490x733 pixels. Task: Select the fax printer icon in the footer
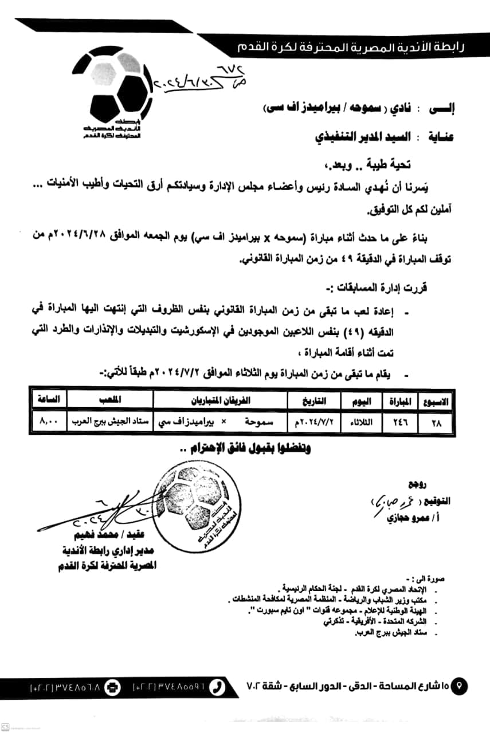(114, 685)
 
